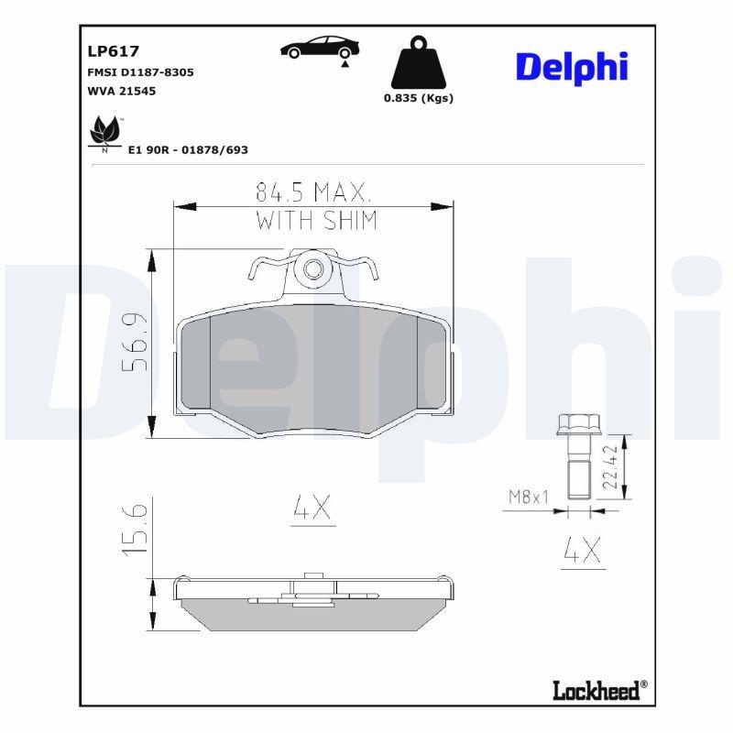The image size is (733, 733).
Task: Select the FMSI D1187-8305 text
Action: (x=140, y=71)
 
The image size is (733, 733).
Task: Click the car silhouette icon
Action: (x=320, y=49)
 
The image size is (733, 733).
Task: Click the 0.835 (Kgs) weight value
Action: (x=419, y=99)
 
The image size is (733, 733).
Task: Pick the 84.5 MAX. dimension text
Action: (x=312, y=192)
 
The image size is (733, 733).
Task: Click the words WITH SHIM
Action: (x=315, y=220)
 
